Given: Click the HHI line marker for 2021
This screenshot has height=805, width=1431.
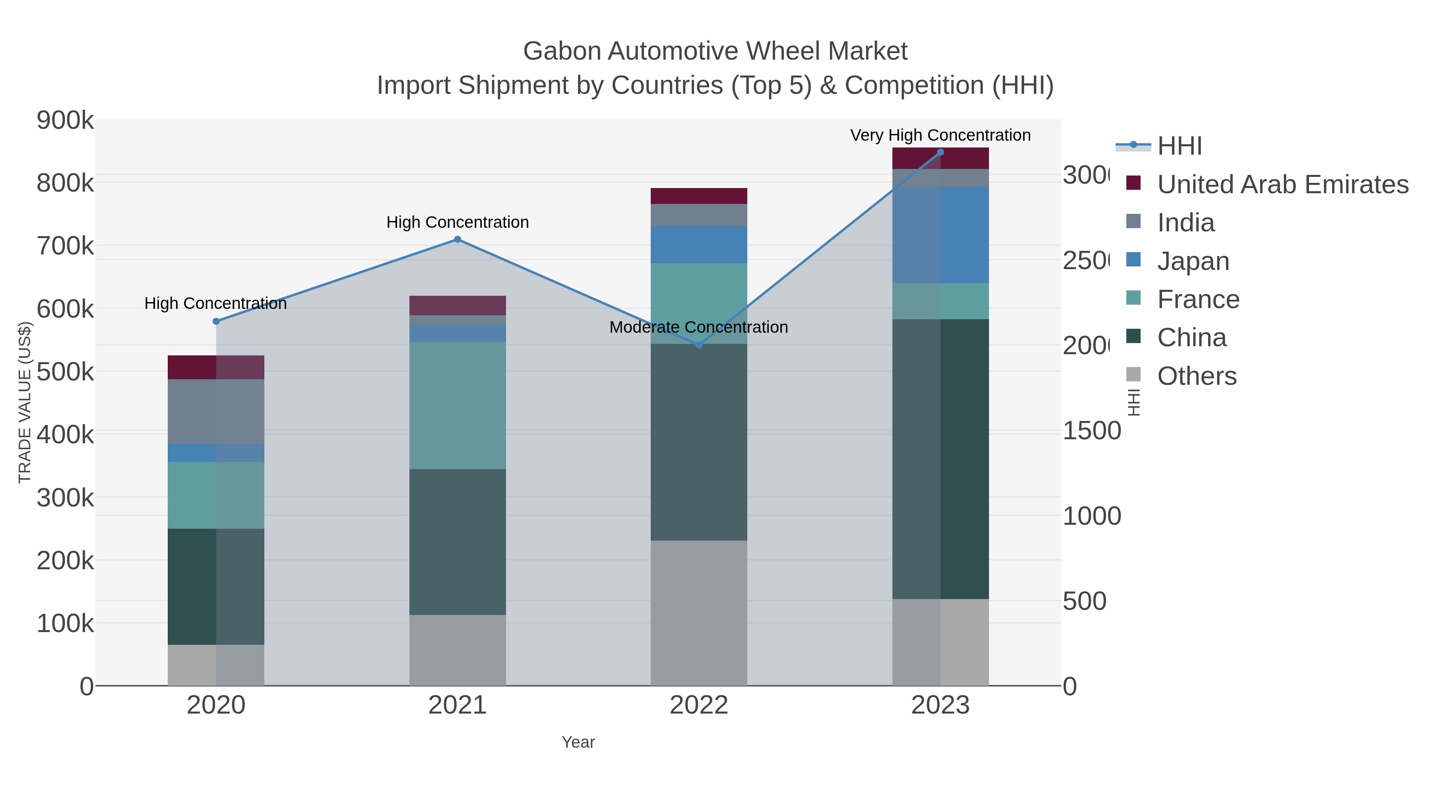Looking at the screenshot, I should pos(457,239).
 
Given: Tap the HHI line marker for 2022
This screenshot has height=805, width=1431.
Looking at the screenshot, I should pos(699,345).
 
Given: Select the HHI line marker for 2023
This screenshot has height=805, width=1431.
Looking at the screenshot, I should pos(940,152).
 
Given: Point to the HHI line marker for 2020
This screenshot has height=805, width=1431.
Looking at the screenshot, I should pos(216,321).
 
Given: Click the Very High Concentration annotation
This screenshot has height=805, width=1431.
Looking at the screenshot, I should pos(940,135).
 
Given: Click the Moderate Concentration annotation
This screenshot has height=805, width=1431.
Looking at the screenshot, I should pos(698,327).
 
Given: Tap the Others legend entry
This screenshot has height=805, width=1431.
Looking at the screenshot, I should pos(1196,376).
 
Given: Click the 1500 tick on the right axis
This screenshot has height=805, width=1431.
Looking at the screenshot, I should pos(1091,431).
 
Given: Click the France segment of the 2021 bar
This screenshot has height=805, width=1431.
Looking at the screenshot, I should pos(457,405).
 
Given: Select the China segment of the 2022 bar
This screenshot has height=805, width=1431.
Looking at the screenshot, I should pos(698,442).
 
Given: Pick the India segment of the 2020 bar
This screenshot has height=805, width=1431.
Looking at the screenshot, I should pos(216,411).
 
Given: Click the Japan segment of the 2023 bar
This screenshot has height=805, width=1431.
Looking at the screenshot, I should pos(940,235).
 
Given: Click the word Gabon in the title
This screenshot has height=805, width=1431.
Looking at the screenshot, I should pos(562,51).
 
